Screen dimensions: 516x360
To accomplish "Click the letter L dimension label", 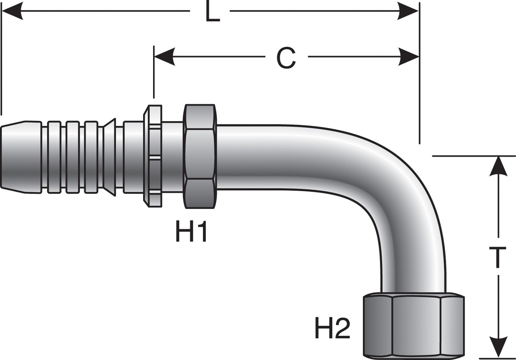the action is tap(213, 11).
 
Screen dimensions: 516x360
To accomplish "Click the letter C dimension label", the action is tap(286, 58).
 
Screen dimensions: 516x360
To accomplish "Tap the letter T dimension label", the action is tap(497, 257).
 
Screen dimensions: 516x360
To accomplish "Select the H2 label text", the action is tap(332, 328).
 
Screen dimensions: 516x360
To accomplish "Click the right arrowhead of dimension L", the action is tap(408, 11).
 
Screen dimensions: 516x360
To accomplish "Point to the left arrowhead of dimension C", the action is tap(165, 57).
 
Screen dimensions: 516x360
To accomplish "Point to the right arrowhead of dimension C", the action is tap(408, 57).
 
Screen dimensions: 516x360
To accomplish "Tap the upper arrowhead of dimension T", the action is tap(499, 166).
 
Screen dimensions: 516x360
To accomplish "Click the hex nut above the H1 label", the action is tap(200, 157).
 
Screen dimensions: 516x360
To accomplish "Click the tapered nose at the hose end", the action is tap(21, 157).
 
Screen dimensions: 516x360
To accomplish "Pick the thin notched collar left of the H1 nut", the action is tap(153, 156).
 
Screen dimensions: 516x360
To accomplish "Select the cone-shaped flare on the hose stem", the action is tap(109, 157).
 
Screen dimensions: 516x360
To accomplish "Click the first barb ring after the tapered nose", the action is tap(54, 157).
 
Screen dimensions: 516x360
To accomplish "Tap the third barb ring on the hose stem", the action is tap(91, 157).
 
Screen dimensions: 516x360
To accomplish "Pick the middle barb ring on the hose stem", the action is tap(73, 157).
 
